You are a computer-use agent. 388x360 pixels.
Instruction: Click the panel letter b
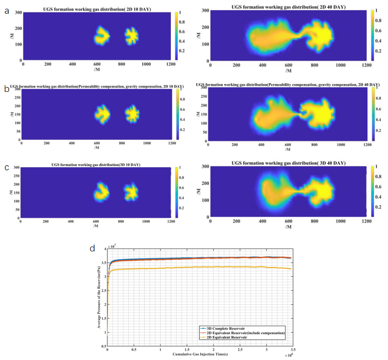(6, 89)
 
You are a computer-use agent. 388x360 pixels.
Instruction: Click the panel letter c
(6, 167)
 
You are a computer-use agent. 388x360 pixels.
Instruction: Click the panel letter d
(92, 248)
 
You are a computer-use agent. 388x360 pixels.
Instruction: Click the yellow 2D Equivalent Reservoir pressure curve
(196, 268)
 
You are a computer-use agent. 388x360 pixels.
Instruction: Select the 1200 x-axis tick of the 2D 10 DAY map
(171, 64)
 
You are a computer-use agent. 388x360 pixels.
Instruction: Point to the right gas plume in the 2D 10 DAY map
(132, 36)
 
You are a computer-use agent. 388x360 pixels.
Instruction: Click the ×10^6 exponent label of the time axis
(288, 355)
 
